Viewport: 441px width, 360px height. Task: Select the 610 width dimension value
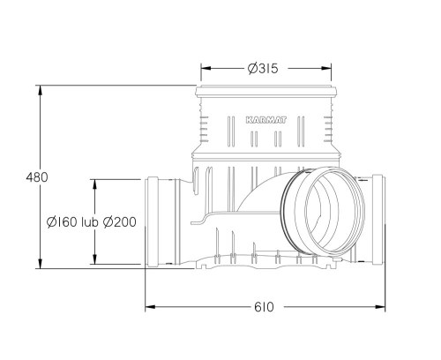(x=265, y=307)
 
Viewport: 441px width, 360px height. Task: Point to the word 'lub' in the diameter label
(x=90, y=221)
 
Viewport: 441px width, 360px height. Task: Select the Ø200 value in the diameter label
(x=119, y=221)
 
